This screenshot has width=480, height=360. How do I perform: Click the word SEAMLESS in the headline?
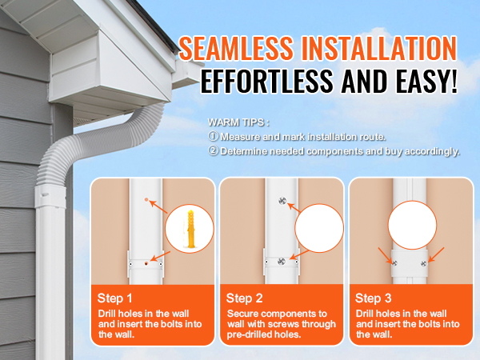236,48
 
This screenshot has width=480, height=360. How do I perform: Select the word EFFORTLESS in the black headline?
266,81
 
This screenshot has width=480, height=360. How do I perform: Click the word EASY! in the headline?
426,81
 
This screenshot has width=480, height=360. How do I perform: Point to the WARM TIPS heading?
238,122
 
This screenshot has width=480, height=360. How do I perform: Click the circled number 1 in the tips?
213,136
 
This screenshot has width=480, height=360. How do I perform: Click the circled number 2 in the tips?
213,150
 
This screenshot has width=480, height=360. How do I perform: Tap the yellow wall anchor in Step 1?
190,228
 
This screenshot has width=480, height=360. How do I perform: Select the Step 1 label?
114,298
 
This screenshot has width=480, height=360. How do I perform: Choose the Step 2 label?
244,298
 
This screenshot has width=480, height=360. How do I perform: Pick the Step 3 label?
373,298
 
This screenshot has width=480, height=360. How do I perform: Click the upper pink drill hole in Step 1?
146,199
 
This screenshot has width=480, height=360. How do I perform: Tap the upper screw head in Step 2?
282,201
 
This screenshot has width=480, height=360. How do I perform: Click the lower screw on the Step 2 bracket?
282,262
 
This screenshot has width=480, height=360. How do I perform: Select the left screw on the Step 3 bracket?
394,262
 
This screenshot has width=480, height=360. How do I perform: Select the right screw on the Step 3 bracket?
424,263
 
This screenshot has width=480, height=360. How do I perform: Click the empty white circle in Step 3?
412,226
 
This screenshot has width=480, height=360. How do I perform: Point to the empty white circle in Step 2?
319,228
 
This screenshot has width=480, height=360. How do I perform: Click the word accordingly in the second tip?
432,151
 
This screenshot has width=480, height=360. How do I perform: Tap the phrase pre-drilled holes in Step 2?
264,334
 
